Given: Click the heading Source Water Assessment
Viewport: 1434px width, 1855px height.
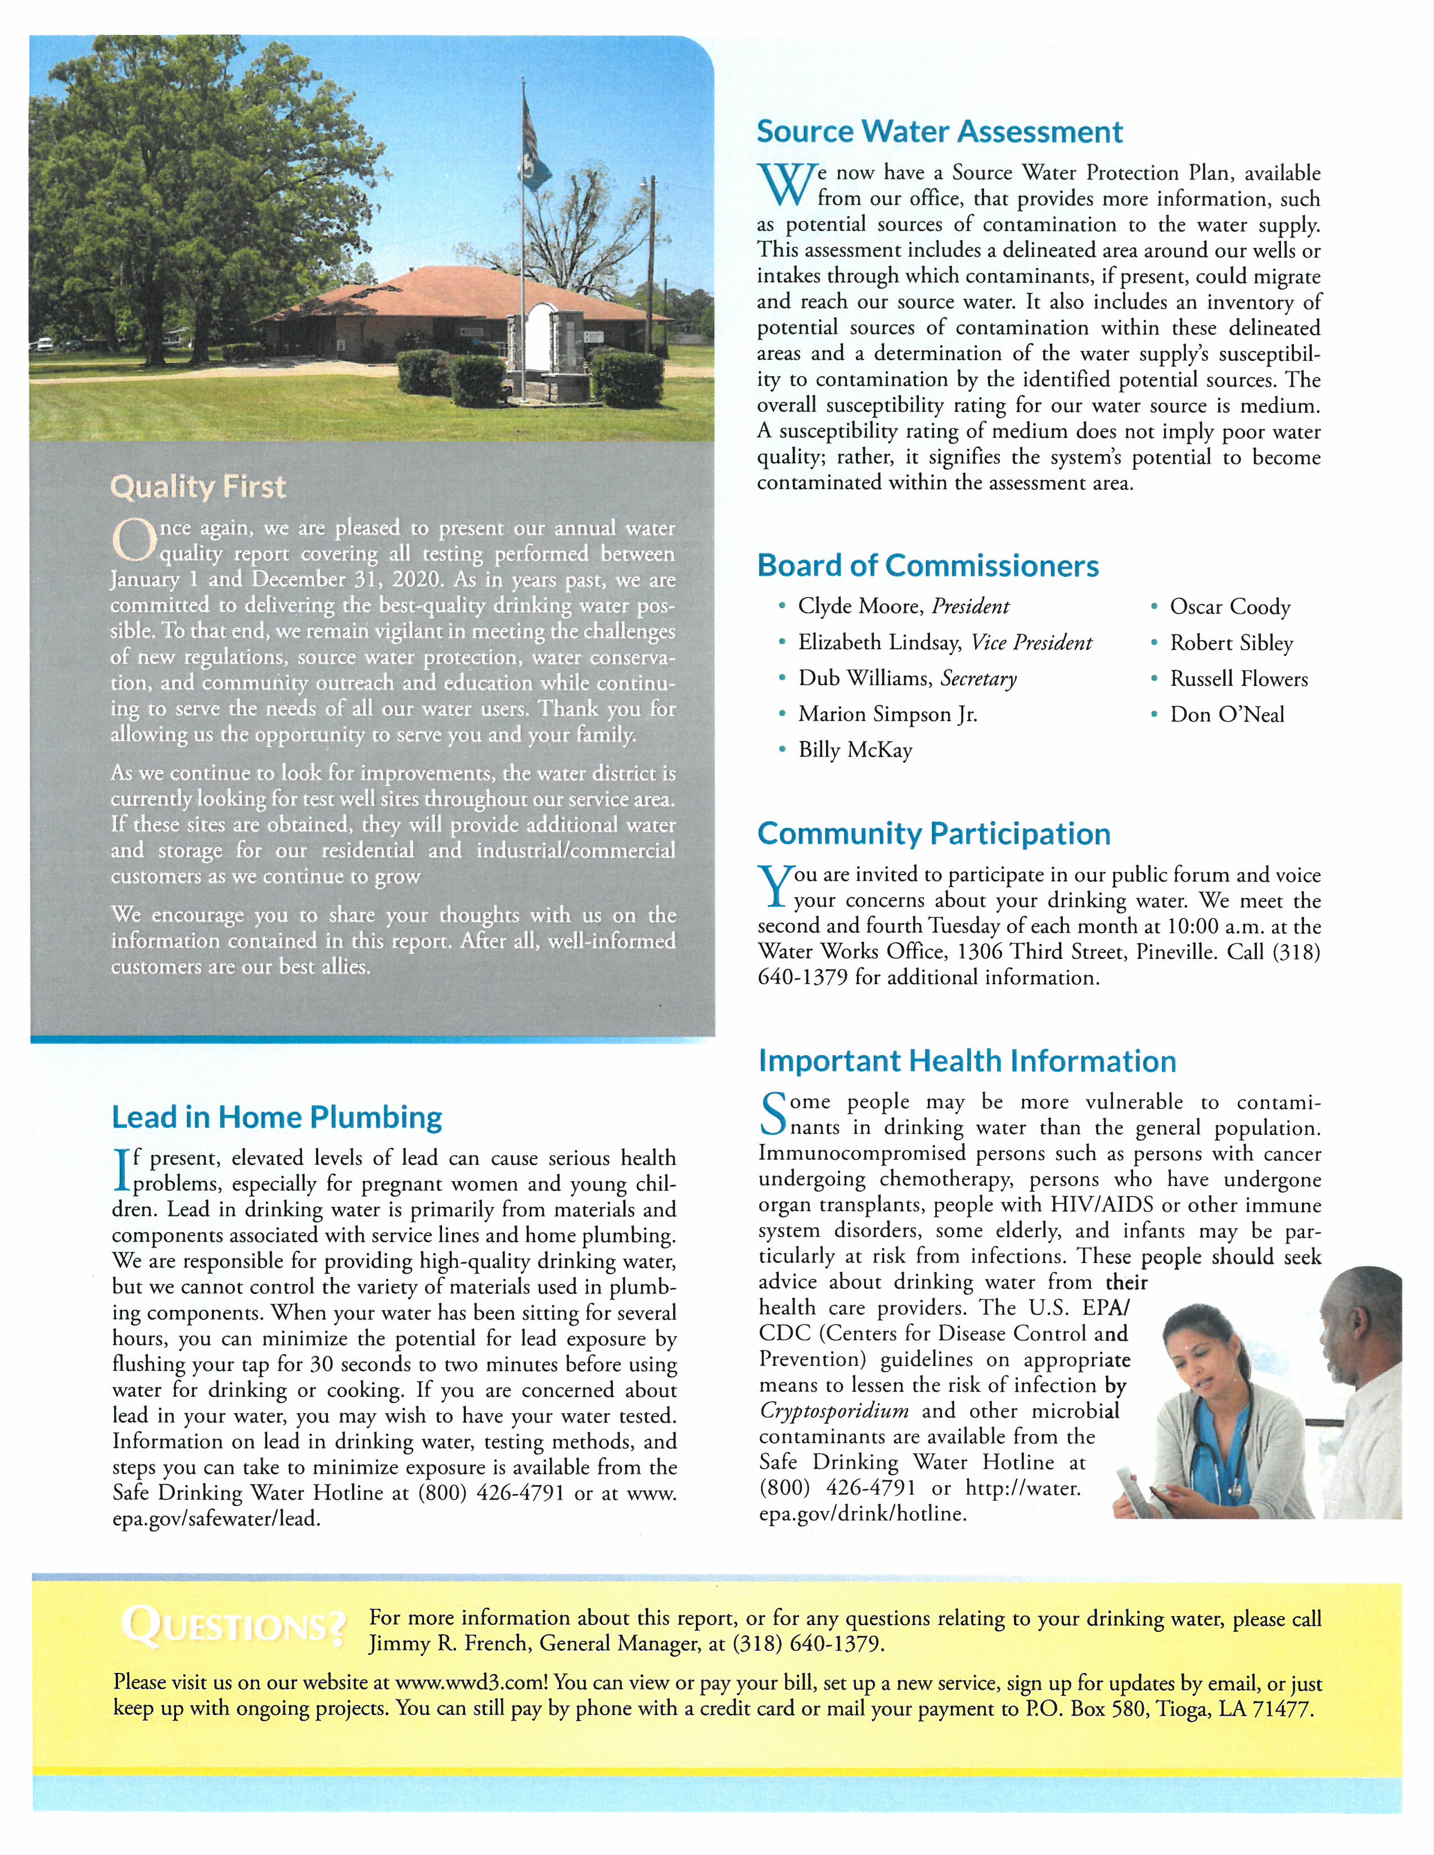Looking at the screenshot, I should pyautogui.click(x=940, y=133).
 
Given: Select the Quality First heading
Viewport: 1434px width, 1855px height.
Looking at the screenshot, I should pyautogui.click(x=198, y=487).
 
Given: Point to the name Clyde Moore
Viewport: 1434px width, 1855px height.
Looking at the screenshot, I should pyautogui.click(x=860, y=607).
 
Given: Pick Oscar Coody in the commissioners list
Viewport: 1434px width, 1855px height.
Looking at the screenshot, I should pyautogui.click(x=1229, y=607).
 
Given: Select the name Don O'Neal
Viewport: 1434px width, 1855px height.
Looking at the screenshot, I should pyautogui.click(x=1226, y=714).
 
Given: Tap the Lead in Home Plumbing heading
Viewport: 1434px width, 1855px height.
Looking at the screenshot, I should pyautogui.click(x=277, y=1117).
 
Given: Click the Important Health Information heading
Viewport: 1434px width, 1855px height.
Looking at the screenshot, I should pyautogui.click(x=967, y=1062).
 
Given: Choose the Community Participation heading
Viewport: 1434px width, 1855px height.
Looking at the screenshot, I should pyautogui.click(x=934, y=834).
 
